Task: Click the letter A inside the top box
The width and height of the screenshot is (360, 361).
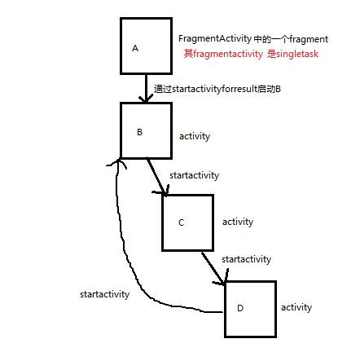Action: (x=135, y=48)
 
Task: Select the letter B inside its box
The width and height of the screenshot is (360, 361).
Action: (x=139, y=132)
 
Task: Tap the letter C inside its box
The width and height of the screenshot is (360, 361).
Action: (x=181, y=222)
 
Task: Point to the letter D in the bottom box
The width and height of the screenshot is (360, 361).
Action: (x=240, y=308)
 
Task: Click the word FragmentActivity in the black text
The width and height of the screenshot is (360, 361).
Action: (x=215, y=39)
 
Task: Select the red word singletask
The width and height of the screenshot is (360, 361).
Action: (x=297, y=54)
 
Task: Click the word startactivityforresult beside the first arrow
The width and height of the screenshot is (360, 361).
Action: (x=215, y=89)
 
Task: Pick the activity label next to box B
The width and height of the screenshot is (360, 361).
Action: (x=195, y=136)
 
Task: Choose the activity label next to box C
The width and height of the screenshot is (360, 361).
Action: (x=238, y=222)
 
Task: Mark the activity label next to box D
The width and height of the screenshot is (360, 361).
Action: (x=296, y=307)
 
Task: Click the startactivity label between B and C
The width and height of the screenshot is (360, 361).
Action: (x=195, y=175)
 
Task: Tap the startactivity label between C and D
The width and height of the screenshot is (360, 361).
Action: (x=247, y=259)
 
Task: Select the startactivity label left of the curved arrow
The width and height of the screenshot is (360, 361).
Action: (x=105, y=294)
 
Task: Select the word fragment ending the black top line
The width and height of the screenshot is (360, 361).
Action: (x=309, y=39)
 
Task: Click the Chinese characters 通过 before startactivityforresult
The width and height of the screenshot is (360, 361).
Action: (x=163, y=89)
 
